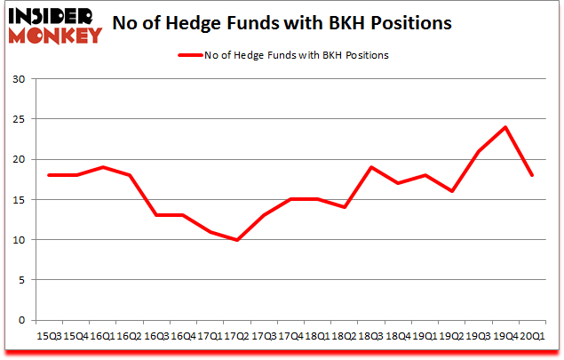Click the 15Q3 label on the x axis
click(x=49, y=338)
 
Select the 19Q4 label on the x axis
click(x=506, y=338)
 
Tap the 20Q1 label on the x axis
click(x=532, y=338)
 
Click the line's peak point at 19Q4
click(x=505, y=127)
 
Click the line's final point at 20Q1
click(x=532, y=175)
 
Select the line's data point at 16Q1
click(x=103, y=167)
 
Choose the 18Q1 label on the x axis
click(x=318, y=338)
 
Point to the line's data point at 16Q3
click(x=157, y=215)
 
